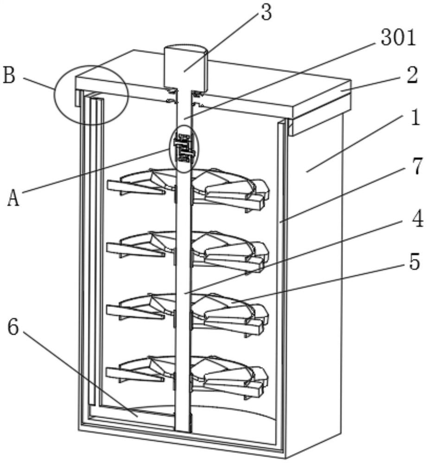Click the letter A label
[14, 199]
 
